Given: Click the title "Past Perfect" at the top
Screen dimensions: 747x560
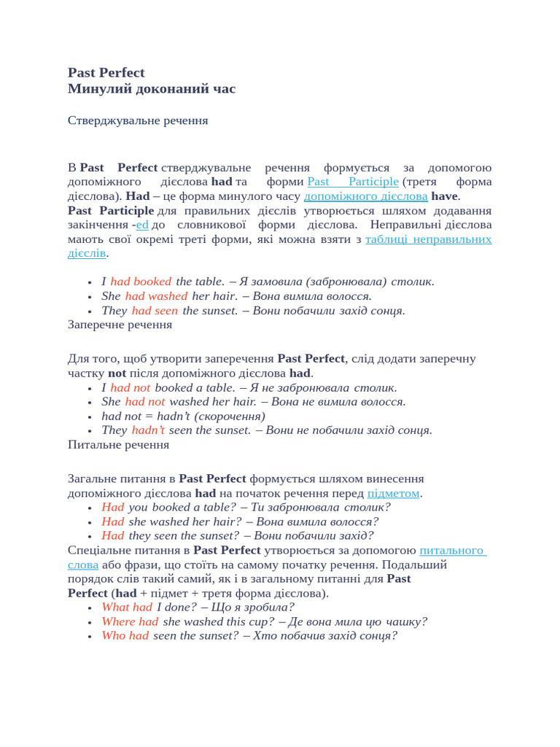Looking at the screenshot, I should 106,73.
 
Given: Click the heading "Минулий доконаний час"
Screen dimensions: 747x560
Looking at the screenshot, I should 151,89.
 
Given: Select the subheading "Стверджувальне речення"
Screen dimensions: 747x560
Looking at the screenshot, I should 138,120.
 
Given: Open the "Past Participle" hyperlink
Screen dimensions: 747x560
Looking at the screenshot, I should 353,182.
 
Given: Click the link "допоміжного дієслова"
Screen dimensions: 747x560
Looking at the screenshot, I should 365,196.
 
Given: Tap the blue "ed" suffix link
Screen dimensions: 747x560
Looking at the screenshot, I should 142,225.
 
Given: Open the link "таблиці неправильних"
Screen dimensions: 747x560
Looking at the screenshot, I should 428,239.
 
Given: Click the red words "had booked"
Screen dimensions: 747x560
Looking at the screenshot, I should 141,282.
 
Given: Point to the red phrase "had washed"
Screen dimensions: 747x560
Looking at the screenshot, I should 156,296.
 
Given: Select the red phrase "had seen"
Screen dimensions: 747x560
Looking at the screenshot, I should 155,311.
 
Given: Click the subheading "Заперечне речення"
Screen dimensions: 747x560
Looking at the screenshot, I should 120,325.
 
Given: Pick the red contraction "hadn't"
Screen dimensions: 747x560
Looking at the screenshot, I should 148,430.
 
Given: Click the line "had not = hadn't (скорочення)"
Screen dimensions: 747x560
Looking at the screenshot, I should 183,416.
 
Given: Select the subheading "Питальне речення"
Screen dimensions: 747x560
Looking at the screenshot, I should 118,444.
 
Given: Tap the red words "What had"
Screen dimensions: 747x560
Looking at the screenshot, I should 127,607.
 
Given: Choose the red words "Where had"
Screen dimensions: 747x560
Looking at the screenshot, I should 130,622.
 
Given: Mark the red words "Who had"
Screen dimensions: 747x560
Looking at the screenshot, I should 125,635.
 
